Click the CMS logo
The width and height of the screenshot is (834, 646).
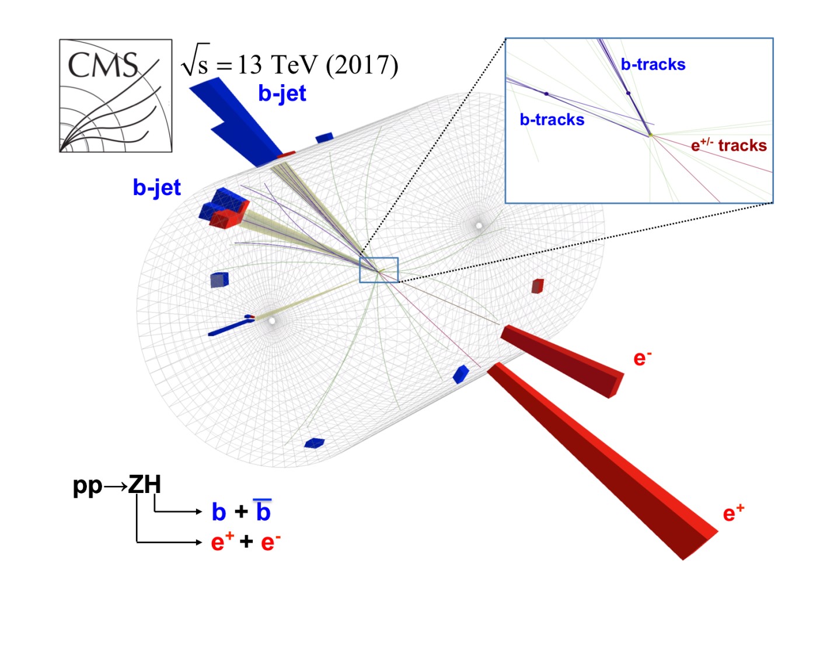[116, 96]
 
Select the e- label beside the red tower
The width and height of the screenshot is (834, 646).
[643, 357]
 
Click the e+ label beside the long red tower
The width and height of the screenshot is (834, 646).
[734, 513]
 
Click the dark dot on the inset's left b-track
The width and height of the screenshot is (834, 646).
[546, 93]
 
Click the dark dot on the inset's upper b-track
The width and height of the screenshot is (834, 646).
[629, 93]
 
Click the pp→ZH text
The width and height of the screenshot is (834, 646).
[117, 485]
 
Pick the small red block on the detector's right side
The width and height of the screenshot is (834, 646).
[538, 286]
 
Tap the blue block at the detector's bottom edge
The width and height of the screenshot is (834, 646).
[315, 443]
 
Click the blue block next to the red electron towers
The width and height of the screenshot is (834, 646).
[460, 374]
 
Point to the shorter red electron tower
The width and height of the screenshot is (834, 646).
[562, 361]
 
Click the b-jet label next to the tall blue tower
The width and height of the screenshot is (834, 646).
[282, 93]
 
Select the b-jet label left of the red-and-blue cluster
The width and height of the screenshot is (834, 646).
[156, 187]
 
